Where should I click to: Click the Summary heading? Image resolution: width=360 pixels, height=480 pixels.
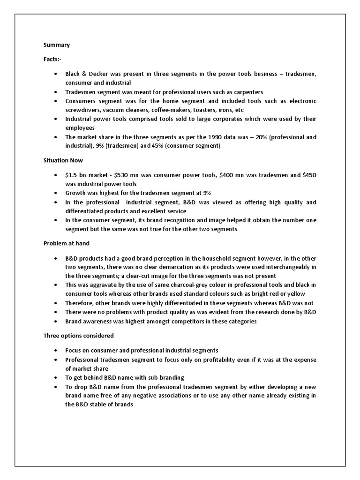[57, 45]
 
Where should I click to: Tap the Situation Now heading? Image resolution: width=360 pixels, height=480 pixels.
[63, 160]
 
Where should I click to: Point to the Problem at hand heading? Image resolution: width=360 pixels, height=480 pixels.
[67, 243]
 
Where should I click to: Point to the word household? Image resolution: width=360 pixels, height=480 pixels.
[222, 258]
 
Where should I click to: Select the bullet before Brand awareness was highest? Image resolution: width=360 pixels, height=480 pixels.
[56, 321]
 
